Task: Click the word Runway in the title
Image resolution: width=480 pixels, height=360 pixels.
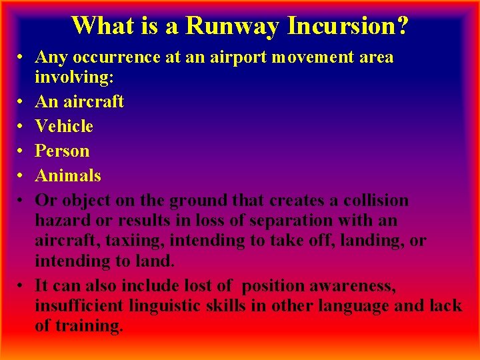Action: pyautogui.click(x=233, y=26)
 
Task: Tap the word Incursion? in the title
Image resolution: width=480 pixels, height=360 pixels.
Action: pyautogui.click(x=347, y=26)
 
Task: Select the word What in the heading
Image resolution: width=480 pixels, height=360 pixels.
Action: pyautogui.click(x=101, y=26)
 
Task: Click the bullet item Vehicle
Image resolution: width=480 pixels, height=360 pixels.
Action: pyautogui.click(x=64, y=126)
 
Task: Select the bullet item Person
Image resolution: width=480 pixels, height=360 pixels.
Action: pyautogui.click(x=62, y=151)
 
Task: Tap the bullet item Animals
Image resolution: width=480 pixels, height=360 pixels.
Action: pyautogui.click(x=68, y=176)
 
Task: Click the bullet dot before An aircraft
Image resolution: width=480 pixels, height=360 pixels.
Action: pyautogui.click(x=22, y=101)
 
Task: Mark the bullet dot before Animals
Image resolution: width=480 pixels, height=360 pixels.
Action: pyautogui.click(x=22, y=176)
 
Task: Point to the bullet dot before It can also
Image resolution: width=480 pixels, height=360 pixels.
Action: pyautogui.click(x=22, y=286)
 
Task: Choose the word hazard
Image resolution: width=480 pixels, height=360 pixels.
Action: pyautogui.click(x=63, y=221)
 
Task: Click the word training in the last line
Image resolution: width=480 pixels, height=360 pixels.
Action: pyautogui.click(x=88, y=326)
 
